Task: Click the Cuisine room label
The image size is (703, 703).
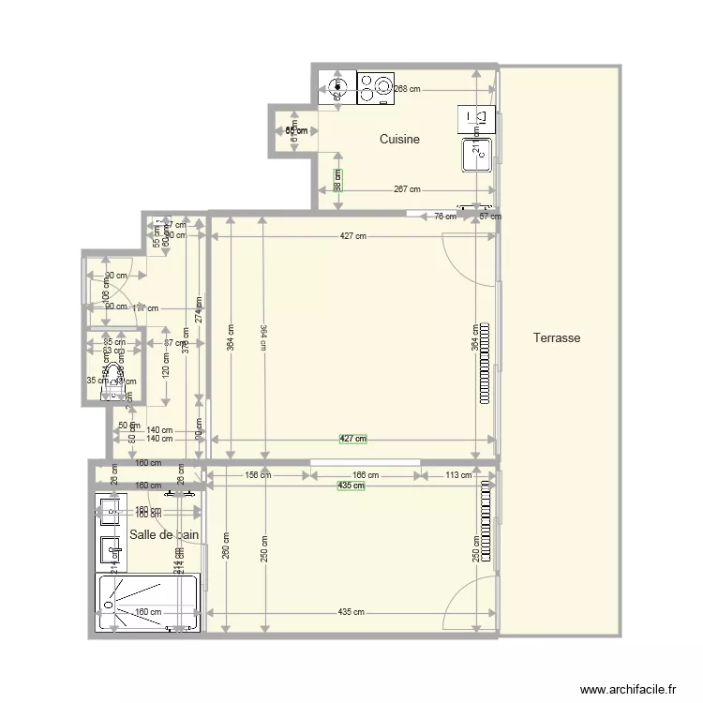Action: [399, 140]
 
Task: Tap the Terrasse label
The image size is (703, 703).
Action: [557, 337]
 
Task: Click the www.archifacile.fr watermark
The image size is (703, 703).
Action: [628, 687]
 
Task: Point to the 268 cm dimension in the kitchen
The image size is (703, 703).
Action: [406, 89]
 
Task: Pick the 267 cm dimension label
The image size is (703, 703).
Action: [406, 188]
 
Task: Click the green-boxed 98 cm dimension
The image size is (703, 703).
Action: [337, 179]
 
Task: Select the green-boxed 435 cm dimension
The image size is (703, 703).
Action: [351, 485]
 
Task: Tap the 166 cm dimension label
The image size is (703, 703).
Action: [365, 475]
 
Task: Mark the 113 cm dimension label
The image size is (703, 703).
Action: [458, 475]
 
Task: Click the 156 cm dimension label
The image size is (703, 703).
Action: [257, 475]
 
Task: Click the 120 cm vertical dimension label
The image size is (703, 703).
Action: [167, 370]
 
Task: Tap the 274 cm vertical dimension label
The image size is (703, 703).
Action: [198, 309]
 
